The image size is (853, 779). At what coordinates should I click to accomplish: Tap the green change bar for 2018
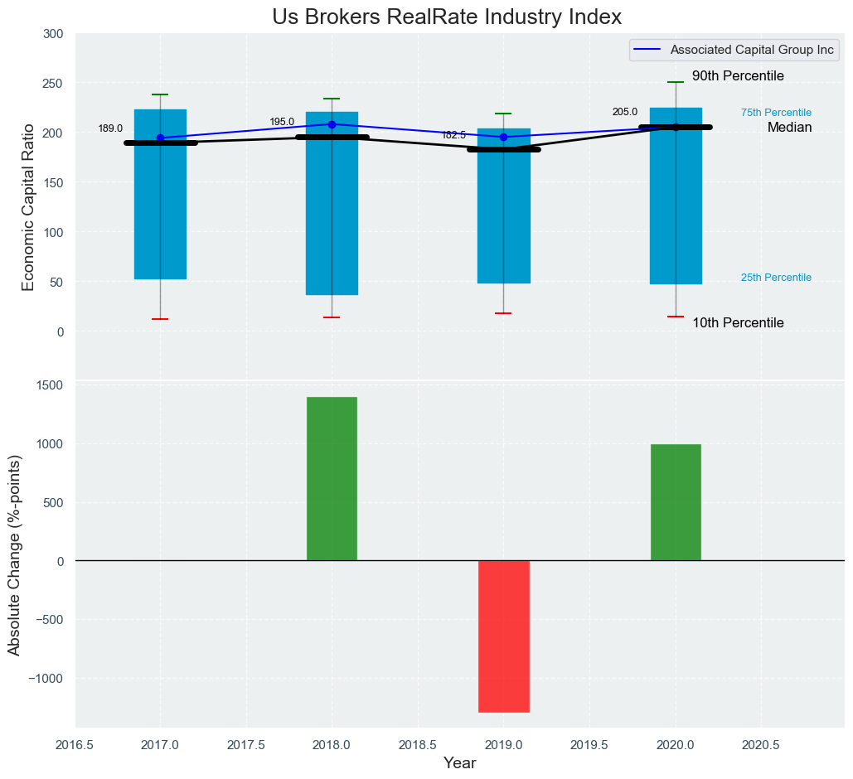coord(332,478)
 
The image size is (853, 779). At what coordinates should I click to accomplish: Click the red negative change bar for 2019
coord(503,636)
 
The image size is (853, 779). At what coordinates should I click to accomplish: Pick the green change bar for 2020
coord(676,502)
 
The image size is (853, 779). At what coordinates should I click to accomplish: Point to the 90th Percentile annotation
coord(738,76)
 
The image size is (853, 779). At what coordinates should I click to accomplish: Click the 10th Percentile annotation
coord(738,323)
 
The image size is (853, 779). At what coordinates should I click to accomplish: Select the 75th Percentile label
coord(776,113)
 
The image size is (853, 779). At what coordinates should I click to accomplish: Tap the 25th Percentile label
coord(776,278)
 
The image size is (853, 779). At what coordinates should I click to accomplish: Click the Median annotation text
coord(789,128)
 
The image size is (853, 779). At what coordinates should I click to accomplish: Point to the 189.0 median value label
coord(110,129)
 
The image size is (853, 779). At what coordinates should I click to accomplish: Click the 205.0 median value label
coord(625,113)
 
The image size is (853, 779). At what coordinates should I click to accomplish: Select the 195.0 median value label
coord(282,123)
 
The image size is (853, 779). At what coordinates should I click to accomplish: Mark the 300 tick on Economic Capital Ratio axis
coord(53,34)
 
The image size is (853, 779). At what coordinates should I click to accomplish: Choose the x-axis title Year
coord(459,763)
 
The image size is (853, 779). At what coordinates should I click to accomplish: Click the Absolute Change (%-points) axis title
coord(15,554)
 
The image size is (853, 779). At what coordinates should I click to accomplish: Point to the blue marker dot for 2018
coord(332,124)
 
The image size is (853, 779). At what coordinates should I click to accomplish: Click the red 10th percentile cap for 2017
coord(160,319)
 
